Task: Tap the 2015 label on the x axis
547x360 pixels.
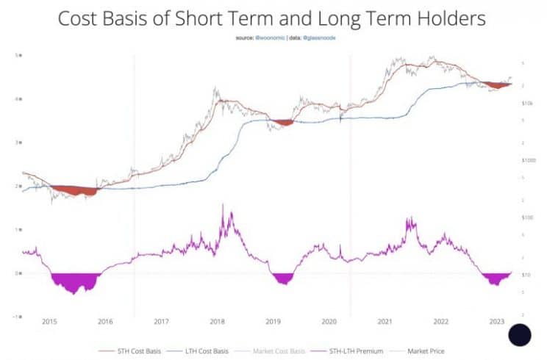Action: (49, 322)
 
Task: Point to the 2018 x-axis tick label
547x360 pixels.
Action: (217, 322)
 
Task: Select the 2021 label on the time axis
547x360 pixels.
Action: (384, 322)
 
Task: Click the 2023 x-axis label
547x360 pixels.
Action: (496, 322)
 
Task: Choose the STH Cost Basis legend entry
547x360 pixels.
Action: (140, 351)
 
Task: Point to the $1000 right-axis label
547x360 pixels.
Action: (529, 160)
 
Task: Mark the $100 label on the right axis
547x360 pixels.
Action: (527, 218)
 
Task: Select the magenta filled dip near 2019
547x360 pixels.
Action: (282, 279)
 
